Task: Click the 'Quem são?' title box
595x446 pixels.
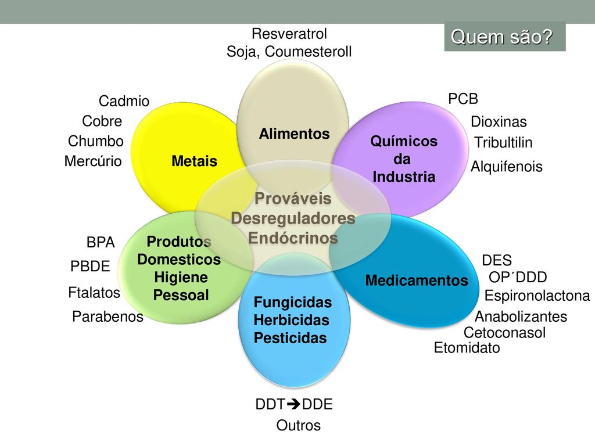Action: pos(504,37)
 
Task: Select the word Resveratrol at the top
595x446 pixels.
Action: pos(289,33)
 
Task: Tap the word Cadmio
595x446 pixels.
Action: pos(124,102)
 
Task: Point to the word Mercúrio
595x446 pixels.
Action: pos(93,161)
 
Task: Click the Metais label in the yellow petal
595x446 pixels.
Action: pos(194,161)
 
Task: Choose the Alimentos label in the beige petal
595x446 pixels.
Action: pos(294,134)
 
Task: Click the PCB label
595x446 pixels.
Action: pos(463,99)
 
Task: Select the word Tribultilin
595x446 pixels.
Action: pos(503,143)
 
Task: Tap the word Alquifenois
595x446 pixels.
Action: pos(506,167)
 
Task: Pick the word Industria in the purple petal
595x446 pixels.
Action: pos(404,177)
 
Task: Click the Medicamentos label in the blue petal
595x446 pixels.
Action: pos(417,281)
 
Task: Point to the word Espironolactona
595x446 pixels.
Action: pos(537,296)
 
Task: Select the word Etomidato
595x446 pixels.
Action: pos(467,348)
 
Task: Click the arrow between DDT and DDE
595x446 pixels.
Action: pos(295,405)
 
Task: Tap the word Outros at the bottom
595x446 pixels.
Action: pos(298,426)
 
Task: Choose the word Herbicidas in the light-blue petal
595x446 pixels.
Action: pos(292,321)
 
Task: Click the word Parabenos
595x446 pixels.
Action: pos(107,316)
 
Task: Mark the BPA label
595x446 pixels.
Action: pos(101,243)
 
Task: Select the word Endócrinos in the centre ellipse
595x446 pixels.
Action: pos(293,238)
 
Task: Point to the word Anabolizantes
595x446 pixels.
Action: pos(521,317)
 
